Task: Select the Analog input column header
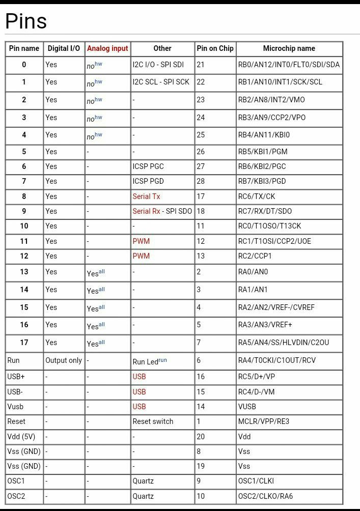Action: click(x=107, y=48)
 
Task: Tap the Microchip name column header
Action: click(x=289, y=48)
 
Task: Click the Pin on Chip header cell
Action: click(x=215, y=48)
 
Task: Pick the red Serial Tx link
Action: click(x=146, y=196)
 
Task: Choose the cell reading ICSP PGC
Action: click(x=148, y=166)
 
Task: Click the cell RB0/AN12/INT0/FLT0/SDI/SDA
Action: click(x=289, y=65)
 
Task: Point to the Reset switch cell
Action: click(x=153, y=421)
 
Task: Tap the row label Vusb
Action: click(x=15, y=407)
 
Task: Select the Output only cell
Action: click(x=64, y=360)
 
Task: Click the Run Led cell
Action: click(x=149, y=361)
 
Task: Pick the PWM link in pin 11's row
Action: click(x=141, y=241)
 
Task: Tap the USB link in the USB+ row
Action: click(x=139, y=377)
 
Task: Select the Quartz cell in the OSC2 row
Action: click(x=143, y=496)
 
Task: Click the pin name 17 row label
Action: click(x=24, y=343)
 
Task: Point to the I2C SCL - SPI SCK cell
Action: click(x=161, y=82)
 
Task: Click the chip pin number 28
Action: click(x=201, y=181)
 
